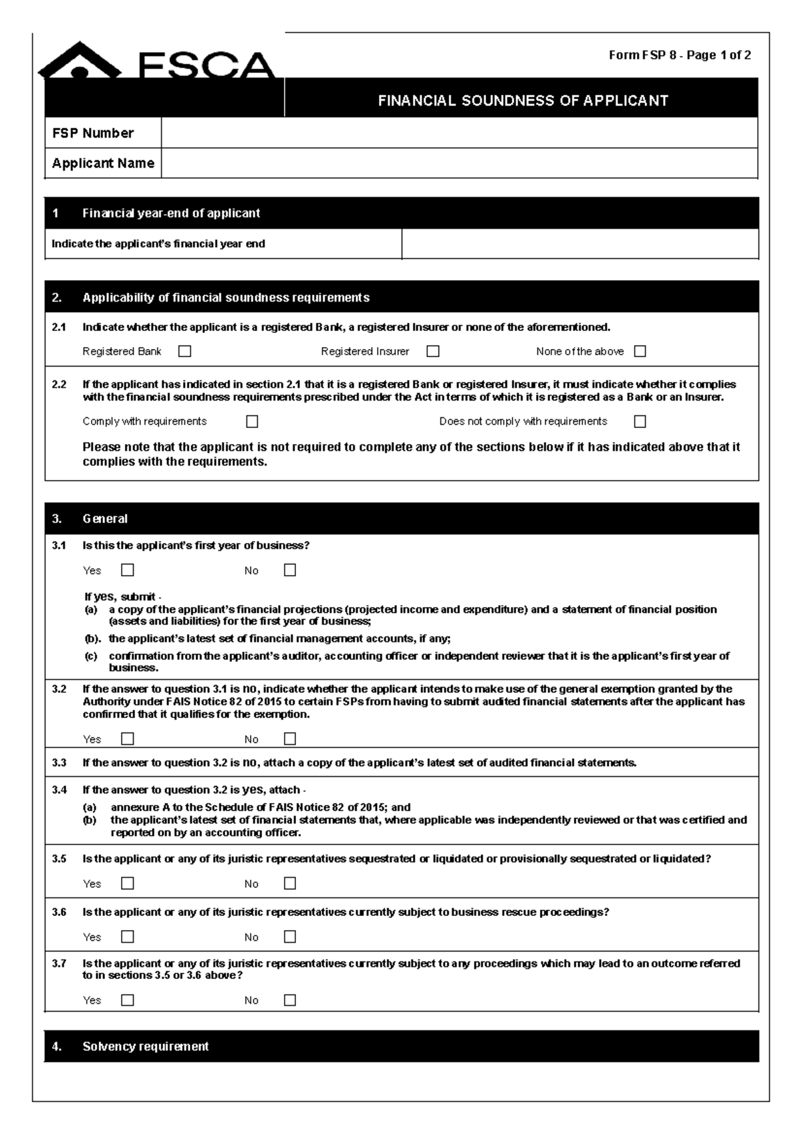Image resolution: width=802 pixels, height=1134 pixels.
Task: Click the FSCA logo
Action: point(157,62)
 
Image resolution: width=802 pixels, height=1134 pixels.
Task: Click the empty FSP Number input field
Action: point(458,133)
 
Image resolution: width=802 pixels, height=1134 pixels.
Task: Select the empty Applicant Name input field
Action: point(458,163)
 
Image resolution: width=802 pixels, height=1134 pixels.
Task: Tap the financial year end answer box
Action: point(579,244)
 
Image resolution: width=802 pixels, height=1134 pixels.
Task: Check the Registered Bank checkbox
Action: point(185,351)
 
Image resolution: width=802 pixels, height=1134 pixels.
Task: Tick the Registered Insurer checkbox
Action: point(433,351)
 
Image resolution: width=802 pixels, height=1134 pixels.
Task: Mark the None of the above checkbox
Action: point(640,351)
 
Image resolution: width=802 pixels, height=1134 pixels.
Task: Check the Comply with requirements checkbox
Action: point(252,421)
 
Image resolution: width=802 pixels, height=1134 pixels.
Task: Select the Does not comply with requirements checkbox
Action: point(640,421)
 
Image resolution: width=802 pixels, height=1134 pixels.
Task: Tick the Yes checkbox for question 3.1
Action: point(128,570)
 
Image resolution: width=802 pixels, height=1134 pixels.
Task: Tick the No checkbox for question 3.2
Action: point(289,739)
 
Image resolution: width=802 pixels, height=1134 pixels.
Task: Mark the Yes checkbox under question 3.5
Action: point(128,883)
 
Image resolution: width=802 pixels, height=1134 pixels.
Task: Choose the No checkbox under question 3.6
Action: point(289,937)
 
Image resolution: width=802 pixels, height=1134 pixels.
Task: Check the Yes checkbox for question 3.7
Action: point(128,1000)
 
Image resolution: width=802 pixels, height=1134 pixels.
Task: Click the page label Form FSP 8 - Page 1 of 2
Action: point(679,55)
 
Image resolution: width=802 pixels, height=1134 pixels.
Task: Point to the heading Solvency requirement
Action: point(146,1046)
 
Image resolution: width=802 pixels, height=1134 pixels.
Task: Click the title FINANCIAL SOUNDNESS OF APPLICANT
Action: point(523,101)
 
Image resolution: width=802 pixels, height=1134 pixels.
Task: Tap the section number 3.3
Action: point(59,763)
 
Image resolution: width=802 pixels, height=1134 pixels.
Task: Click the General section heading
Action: point(105,519)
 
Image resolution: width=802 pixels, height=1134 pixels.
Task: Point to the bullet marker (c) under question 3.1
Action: point(91,656)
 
